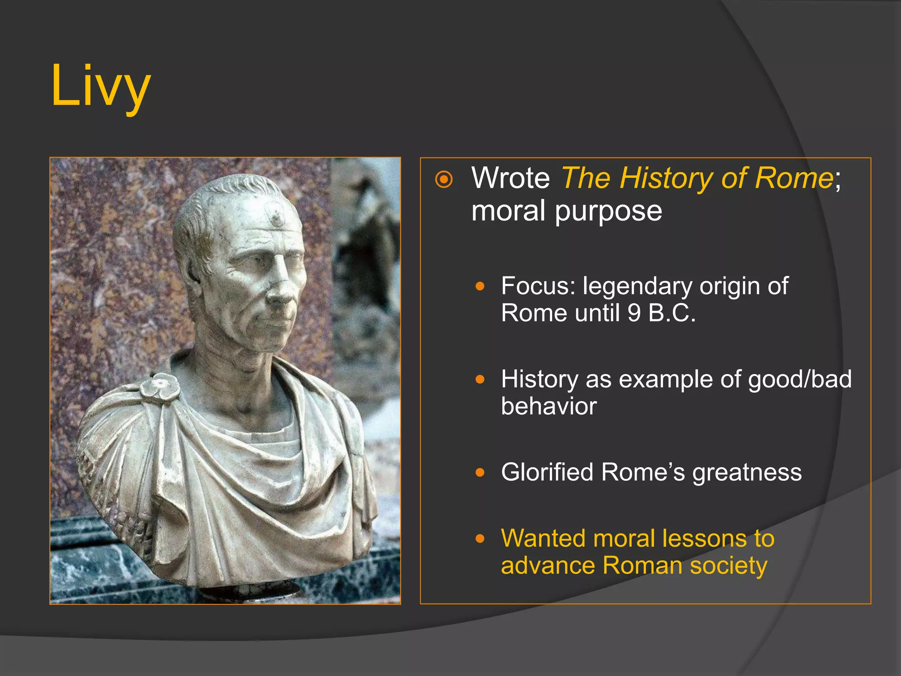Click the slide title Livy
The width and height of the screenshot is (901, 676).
point(101,86)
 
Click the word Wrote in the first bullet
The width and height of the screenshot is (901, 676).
point(510,178)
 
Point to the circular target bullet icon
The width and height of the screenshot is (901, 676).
point(443,180)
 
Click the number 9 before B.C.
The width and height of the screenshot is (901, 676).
point(634,313)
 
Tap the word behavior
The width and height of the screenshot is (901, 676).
point(549,406)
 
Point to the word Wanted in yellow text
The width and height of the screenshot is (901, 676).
point(543,539)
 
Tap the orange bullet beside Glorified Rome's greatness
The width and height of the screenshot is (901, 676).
point(480,473)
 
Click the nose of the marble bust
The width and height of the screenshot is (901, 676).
point(282,295)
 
